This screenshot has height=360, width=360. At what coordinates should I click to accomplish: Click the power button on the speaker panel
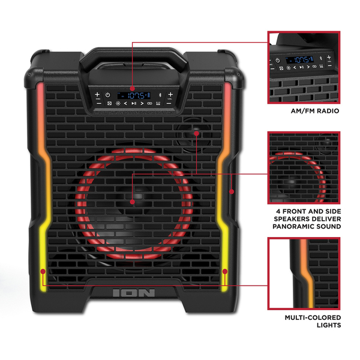click(x=107, y=95)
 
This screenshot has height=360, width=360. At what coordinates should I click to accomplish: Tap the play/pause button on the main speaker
click(x=133, y=103)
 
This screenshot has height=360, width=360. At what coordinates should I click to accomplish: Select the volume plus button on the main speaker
click(x=170, y=94)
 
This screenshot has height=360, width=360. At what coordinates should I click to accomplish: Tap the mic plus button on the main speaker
click(x=97, y=94)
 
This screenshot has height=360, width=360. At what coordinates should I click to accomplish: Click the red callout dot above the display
click(x=132, y=88)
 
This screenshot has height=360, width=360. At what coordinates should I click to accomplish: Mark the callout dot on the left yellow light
click(x=43, y=272)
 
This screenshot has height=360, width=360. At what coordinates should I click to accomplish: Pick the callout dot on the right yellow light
click(x=224, y=272)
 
